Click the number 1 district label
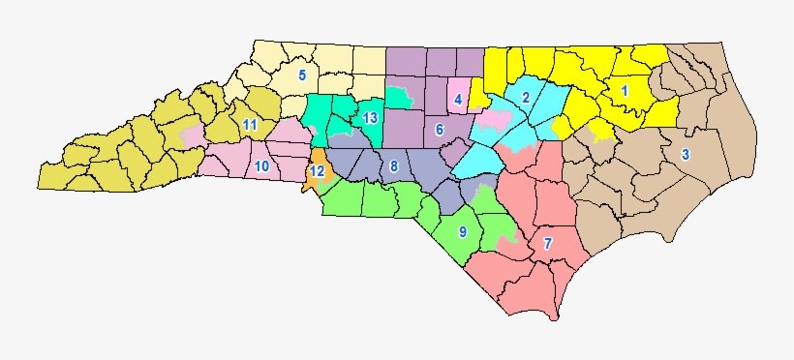coord(624,90)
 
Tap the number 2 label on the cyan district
coord(525,97)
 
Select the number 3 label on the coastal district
coord(685,154)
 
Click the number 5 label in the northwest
coord(302,75)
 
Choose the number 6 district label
coord(439,129)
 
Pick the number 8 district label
coord(393,166)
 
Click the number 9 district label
coord(462,232)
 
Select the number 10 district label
coord(261,166)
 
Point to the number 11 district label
coord(250,125)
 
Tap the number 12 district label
coord(316,171)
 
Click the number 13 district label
coord(369,118)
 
